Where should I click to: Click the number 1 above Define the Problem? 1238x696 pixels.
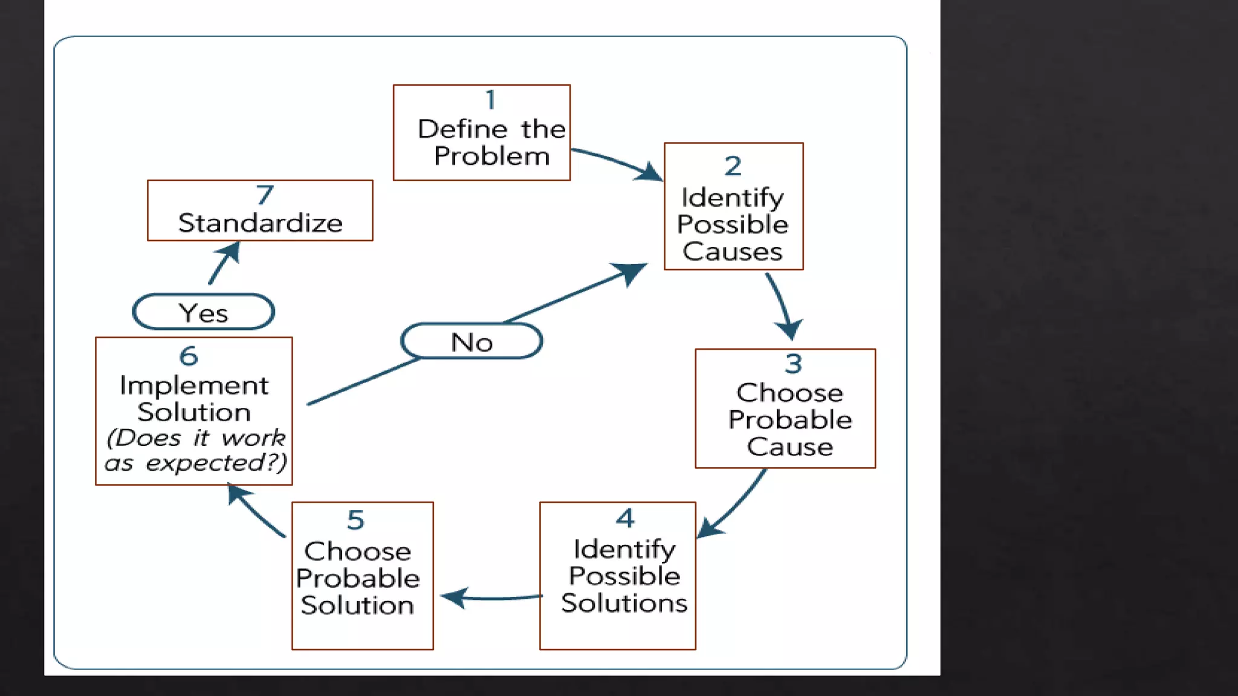click(x=490, y=100)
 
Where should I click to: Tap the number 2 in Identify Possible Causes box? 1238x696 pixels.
click(x=733, y=166)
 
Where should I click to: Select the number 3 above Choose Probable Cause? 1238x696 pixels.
click(x=793, y=364)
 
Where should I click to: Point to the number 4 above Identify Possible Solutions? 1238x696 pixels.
click(x=625, y=518)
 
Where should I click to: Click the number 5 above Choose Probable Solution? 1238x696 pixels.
click(x=355, y=520)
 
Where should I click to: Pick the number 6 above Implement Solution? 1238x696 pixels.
click(x=189, y=356)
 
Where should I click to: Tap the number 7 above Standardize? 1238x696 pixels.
click(x=265, y=195)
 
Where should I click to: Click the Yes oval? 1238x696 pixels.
click(x=204, y=312)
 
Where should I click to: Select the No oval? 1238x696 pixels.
click(x=472, y=342)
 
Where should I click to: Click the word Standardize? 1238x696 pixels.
click(x=261, y=224)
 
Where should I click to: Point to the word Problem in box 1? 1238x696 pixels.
click(x=491, y=156)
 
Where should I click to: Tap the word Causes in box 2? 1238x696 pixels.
click(x=733, y=252)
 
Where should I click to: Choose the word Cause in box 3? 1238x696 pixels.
click(x=789, y=447)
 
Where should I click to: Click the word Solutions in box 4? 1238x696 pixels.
click(x=624, y=604)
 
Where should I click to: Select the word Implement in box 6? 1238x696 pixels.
click(x=193, y=385)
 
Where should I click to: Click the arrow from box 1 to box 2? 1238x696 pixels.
click(x=617, y=161)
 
